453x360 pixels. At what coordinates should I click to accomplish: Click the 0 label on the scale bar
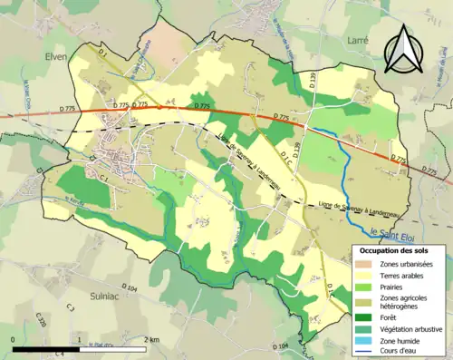point(14,339)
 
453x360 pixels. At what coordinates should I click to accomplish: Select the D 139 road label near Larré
point(313,81)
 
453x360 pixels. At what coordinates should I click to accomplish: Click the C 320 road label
point(41,318)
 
